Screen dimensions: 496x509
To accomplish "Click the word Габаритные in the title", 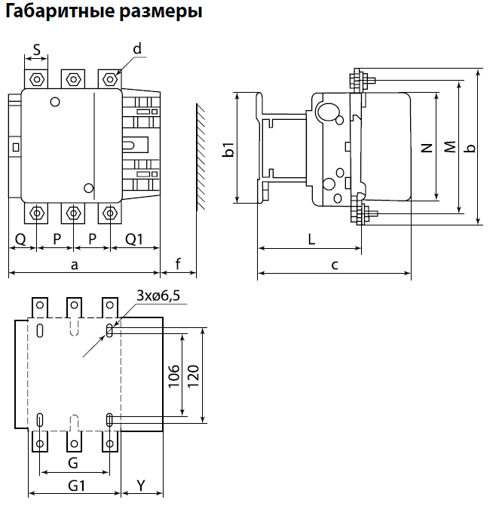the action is [x=60, y=11].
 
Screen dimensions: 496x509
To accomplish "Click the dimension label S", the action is [x=37, y=50].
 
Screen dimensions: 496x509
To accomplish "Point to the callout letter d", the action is [x=137, y=49].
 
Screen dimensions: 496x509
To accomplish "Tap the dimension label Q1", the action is [x=134, y=240].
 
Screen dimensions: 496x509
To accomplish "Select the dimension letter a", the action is [x=75, y=265].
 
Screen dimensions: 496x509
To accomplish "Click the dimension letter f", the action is [x=178, y=264].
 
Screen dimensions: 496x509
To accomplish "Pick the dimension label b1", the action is [x=228, y=149].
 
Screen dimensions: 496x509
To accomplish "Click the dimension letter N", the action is [x=427, y=148].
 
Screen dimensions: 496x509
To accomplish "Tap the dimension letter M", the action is [x=450, y=147].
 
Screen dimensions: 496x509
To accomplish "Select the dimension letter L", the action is [x=311, y=240].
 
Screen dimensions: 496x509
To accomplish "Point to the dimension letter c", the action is [x=335, y=265].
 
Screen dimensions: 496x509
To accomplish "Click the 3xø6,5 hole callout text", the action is [x=158, y=296].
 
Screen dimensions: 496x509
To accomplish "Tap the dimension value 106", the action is [x=174, y=376].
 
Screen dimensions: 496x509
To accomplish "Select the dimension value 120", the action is [x=193, y=376].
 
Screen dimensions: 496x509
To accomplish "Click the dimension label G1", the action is [x=77, y=486].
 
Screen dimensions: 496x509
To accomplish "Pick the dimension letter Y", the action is [x=141, y=486].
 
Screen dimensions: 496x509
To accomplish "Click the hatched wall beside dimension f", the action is [x=201, y=157].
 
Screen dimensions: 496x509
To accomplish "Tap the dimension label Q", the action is [x=20, y=240].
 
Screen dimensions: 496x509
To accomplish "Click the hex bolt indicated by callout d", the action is [x=110, y=79].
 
